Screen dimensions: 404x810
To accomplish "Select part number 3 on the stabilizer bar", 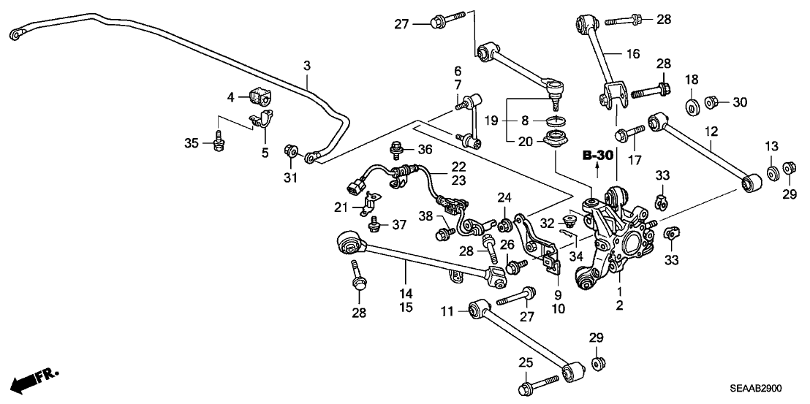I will pyautogui.click(x=307, y=66).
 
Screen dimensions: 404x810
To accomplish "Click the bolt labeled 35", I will pyautogui.click(x=217, y=143).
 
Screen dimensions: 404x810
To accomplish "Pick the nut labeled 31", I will pyautogui.click(x=291, y=152).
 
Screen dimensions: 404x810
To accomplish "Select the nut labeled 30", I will pyautogui.click(x=711, y=102).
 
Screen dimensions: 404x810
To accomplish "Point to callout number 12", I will pyautogui.click(x=711, y=132).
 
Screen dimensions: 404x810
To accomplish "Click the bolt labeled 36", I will pyautogui.click(x=399, y=150).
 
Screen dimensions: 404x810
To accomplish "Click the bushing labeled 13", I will pyautogui.click(x=772, y=173).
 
